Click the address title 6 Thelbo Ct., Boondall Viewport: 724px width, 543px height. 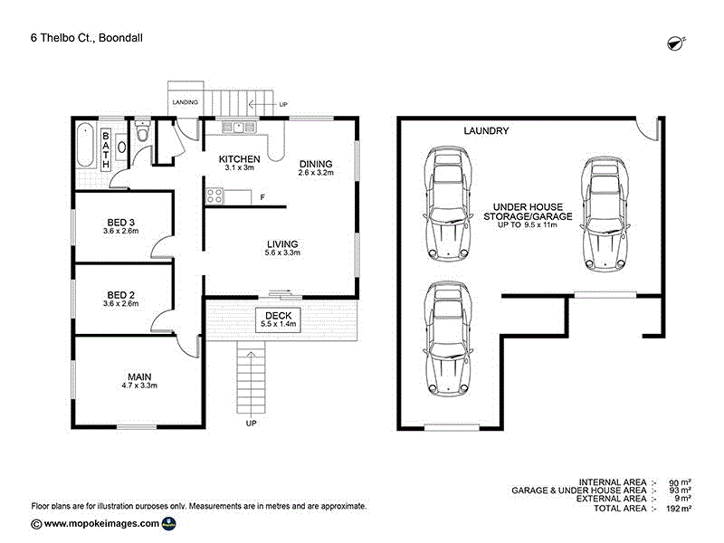(86, 37)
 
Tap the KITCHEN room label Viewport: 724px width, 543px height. (240, 160)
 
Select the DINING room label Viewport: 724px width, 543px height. (316, 165)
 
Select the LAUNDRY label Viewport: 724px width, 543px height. (486, 131)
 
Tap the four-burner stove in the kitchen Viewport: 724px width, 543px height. (215, 195)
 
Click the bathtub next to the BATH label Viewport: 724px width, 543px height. (85, 145)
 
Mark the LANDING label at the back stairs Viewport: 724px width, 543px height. (186, 102)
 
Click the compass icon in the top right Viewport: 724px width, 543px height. (675, 43)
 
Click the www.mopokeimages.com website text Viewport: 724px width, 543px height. (101, 523)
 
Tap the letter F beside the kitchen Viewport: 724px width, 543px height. (262, 196)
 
